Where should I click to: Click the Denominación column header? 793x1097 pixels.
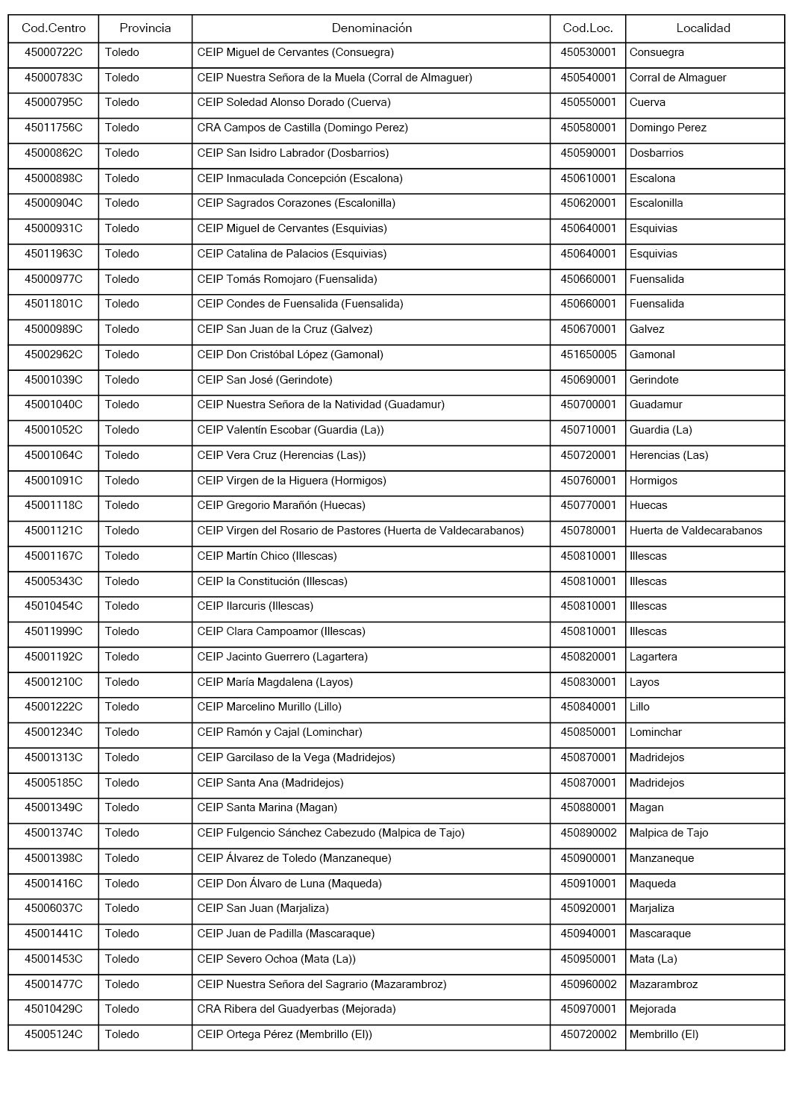[371, 28]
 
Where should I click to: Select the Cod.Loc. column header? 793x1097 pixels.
[588, 28]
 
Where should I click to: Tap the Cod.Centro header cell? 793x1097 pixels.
[54, 28]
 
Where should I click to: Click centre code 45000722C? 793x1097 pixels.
[54, 53]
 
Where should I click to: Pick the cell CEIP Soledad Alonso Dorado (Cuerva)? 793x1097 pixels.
[294, 103]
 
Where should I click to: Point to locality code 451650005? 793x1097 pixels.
[589, 354]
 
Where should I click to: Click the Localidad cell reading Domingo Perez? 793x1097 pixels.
[668, 128]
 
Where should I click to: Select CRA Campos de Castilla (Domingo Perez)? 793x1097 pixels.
[303, 128]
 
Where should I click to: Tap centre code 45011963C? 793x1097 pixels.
[54, 254]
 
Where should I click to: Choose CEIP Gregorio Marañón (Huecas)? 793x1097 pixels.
[281, 506]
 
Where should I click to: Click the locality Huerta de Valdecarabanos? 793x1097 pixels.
[695, 531]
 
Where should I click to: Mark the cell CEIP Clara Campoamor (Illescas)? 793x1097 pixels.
[281, 631]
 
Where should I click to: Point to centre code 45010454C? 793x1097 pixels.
[54, 607]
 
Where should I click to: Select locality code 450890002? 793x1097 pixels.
[589, 833]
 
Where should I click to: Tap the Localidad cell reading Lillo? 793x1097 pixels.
[639, 707]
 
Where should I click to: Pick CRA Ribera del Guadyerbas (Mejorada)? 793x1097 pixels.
[296, 1009]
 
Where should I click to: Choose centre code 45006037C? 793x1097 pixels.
[54, 908]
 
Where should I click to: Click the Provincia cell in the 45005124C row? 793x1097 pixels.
[122, 1034]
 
